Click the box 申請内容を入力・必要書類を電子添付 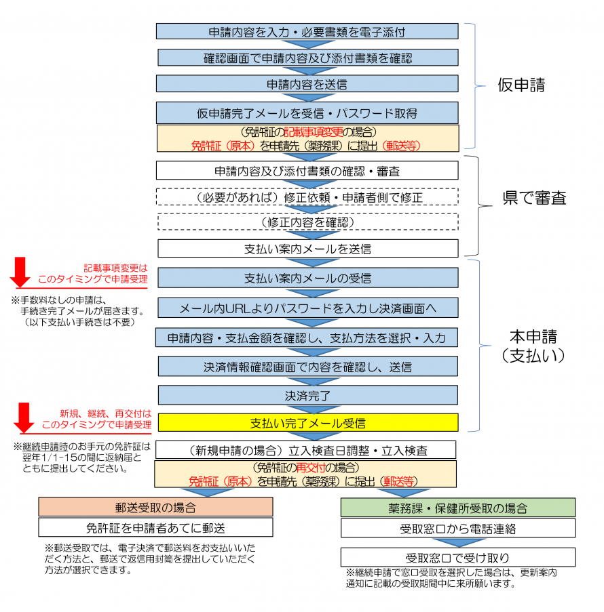(x=307, y=31)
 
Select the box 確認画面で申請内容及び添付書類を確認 (x=307, y=58)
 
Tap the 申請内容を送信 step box (x=307, y=84)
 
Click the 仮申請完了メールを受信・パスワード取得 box (x=307, y=112)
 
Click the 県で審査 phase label (x=535, y=198)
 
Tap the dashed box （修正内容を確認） (x=307, y=222)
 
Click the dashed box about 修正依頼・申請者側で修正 (x=307, y=197)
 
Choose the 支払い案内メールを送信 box (x=307, y=249)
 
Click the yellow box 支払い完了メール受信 (x=307, y=423)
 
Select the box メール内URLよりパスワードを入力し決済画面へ (x=307, y=308)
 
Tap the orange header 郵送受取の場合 (x=155, y=508)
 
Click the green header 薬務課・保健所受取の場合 (x=457, y=508)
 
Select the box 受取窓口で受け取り (x=457, y=558)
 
